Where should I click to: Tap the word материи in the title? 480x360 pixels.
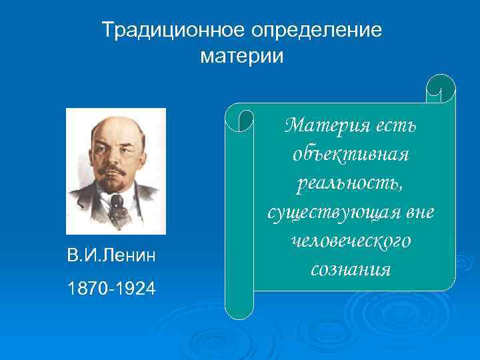pyautogui.click(x=241, y=57)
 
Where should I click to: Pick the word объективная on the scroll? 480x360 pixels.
pyautogui.click(x=350, y=154)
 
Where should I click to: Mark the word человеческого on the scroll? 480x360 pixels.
pyautogui.click(x=350, y=241)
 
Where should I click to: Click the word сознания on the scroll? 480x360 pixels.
pyautogui.click(x=350, y=270)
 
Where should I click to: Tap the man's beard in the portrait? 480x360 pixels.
pyautogui.click(x=115, y=184)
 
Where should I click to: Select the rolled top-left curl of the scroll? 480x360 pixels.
pyautogui.click(x=239, y=119)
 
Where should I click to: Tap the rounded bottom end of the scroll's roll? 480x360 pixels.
pyautogui.click(x=239, y=311)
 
